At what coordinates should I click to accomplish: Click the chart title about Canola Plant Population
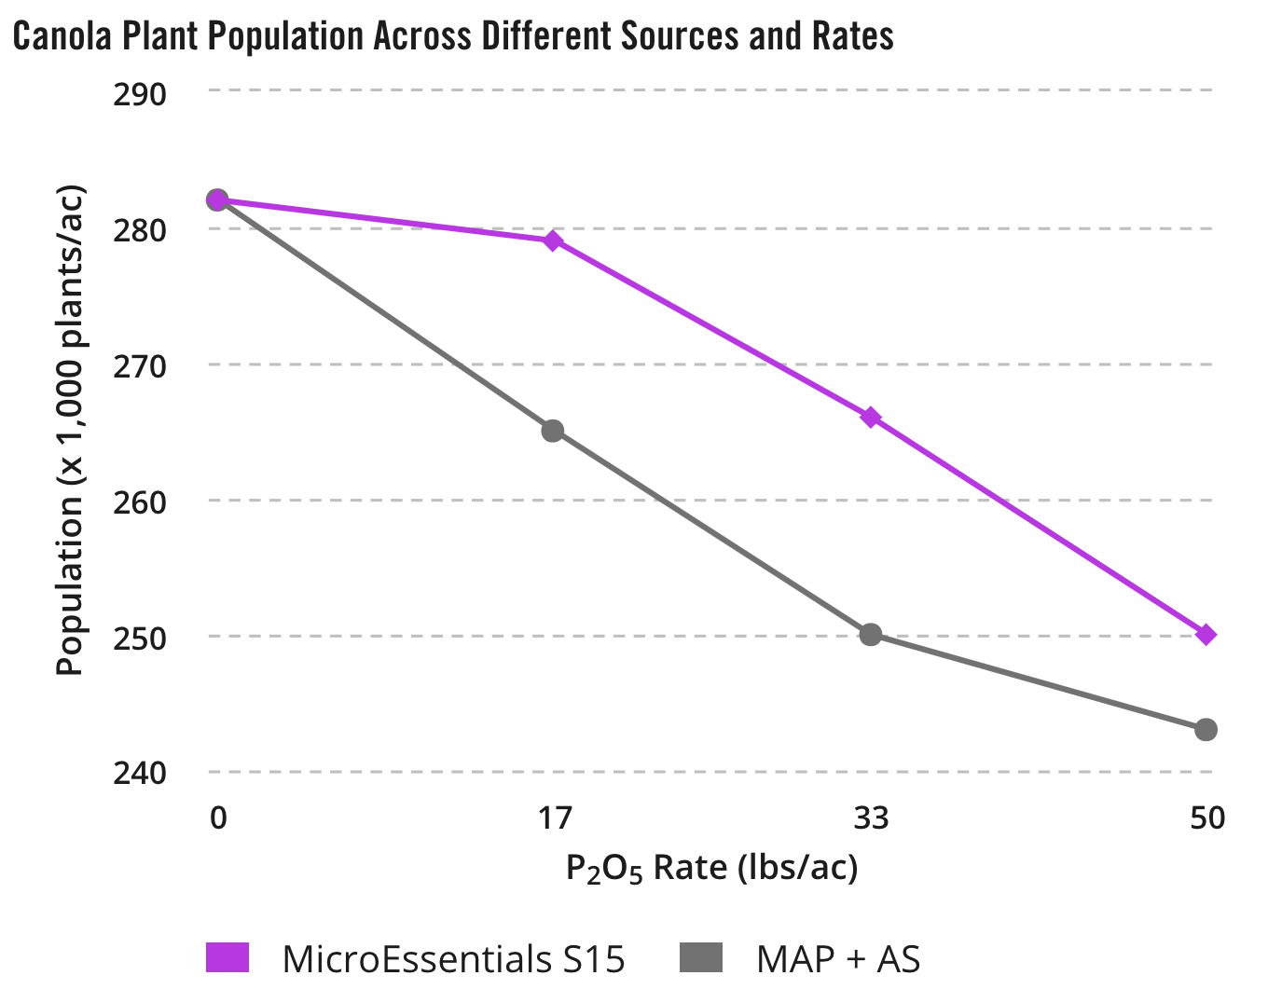(453, 36)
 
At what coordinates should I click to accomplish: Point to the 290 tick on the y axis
(140, 94)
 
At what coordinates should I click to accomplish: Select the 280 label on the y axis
(140, 230)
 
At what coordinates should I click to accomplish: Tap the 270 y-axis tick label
(140, 366)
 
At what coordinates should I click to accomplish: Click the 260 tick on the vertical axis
(140, 502)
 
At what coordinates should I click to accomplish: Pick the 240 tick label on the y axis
(140, 774)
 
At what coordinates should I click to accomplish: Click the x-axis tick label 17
(554, 818)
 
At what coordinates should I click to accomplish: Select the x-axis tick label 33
(871, 818)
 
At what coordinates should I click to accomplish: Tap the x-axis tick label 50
(1206, 818)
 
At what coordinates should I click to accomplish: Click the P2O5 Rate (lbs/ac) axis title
(711, 869)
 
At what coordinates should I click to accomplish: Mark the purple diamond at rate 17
(553, 241)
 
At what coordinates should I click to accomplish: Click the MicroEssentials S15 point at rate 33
(871, 418)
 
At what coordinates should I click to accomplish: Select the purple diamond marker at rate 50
(1206, 635)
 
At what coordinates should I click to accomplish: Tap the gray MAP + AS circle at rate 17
(553, 431)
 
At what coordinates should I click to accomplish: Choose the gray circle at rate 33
(871, 635)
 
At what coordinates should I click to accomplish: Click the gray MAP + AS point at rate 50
(1206, 730)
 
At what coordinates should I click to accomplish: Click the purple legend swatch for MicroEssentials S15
(227, 957)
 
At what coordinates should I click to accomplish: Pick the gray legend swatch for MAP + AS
(701, 957)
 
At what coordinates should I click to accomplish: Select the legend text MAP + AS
(838, 958)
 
